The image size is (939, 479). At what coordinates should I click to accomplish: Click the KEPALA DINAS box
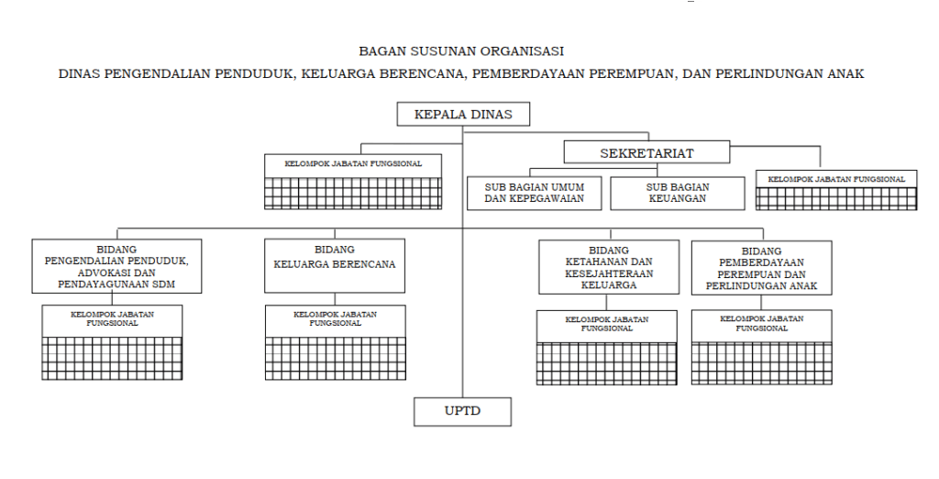463,114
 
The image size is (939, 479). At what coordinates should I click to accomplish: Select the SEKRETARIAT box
646,152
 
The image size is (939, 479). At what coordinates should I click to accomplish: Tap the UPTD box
462,412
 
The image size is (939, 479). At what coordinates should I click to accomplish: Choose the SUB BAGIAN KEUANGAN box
678,193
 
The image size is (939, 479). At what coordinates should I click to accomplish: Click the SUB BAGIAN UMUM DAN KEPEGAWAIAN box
535,193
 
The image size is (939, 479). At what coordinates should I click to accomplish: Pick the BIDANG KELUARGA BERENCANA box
335,266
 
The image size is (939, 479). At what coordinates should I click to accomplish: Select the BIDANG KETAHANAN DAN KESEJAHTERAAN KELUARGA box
609,267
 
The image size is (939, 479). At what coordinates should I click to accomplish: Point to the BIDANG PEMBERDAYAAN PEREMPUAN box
762,268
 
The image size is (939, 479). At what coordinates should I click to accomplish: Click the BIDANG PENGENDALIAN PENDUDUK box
116,266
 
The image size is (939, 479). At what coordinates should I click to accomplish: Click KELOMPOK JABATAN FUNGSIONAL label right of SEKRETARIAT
836,179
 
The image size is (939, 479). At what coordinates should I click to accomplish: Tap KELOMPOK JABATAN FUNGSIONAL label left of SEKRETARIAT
353,163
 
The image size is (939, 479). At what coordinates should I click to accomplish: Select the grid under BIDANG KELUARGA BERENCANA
336,359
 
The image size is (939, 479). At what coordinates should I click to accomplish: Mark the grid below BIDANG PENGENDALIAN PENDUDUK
112,359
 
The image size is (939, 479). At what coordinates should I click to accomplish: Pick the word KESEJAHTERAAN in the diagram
609,273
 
